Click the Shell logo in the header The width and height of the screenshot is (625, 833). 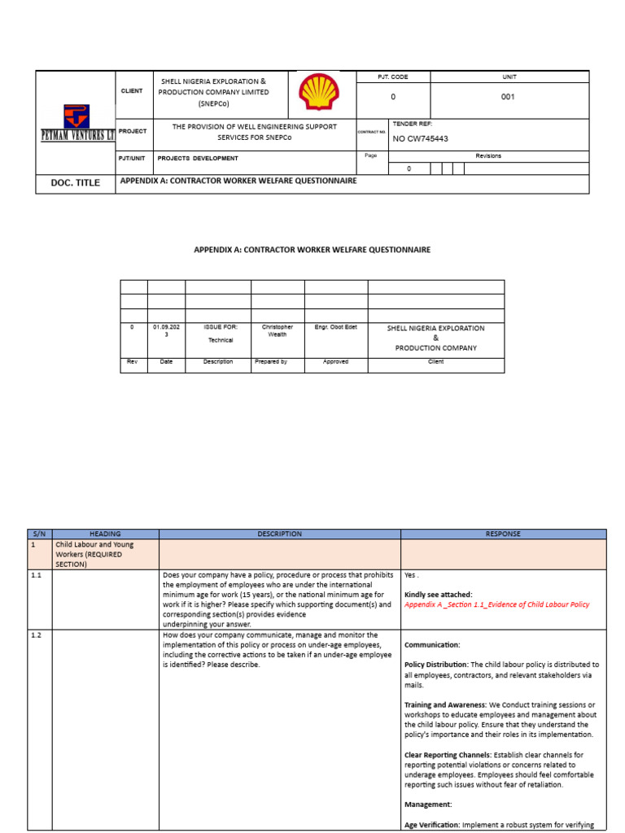point(315,93)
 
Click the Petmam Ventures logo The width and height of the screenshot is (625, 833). point(76,123)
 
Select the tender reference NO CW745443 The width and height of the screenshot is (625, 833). point(420,138)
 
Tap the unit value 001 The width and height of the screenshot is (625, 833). point(508,97)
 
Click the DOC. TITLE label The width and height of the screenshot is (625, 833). point(76,183)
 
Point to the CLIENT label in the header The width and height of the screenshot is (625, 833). point(132,91)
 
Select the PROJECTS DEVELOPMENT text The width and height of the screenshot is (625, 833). point(198,159)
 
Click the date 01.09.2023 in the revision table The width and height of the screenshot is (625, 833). point(166,331)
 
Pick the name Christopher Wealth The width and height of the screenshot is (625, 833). point(278,331)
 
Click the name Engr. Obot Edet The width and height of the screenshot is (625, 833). point(335,327)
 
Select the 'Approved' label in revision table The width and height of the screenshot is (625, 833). point(335,361)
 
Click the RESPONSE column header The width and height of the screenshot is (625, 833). point(503,534)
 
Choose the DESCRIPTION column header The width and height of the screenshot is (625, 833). point(279,534)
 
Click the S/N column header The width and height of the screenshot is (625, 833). point(40,534)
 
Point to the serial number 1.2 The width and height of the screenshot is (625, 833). point(37,635)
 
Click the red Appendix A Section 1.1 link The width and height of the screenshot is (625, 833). point(496,604)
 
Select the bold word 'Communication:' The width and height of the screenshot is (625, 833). point(432,644)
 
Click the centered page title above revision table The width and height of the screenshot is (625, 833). point(312,250)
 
